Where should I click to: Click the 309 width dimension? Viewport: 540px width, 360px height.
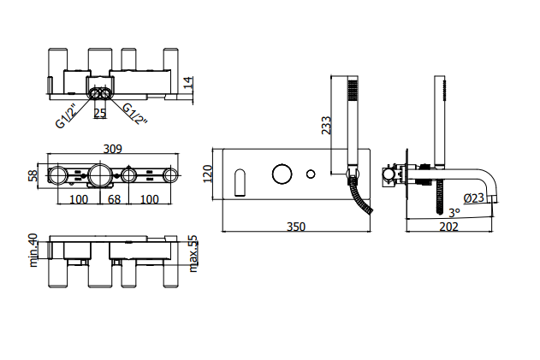coord(113,149)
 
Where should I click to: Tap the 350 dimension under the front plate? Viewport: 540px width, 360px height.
coord(296,227)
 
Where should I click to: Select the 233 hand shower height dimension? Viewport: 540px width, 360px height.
coord(326,126)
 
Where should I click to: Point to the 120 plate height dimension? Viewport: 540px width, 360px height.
coord(208,174)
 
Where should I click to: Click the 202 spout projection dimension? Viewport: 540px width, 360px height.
coord(448,227)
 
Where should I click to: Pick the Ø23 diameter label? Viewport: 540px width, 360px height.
coord(473,198)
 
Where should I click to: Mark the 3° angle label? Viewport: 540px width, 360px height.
coord(454,213)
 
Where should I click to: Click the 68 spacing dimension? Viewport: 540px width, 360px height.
coord(115,199)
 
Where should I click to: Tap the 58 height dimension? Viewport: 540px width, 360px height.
coord(33,175)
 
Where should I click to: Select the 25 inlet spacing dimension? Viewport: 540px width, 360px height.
coord(100,113)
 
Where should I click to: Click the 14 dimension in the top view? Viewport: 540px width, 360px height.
coord(188,83)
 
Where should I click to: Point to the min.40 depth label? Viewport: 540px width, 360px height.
coord(33,251)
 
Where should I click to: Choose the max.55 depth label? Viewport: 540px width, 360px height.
coord(193,254)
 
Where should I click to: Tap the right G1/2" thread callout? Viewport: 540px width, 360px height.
coord(135,114)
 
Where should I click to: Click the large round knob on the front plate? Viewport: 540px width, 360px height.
coord(282,174)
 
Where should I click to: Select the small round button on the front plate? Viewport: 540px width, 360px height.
coord(311,174)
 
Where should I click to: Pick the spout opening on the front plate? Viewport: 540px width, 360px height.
coord(240,182)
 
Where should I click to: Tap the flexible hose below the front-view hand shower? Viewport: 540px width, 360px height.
coord(360,195)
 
